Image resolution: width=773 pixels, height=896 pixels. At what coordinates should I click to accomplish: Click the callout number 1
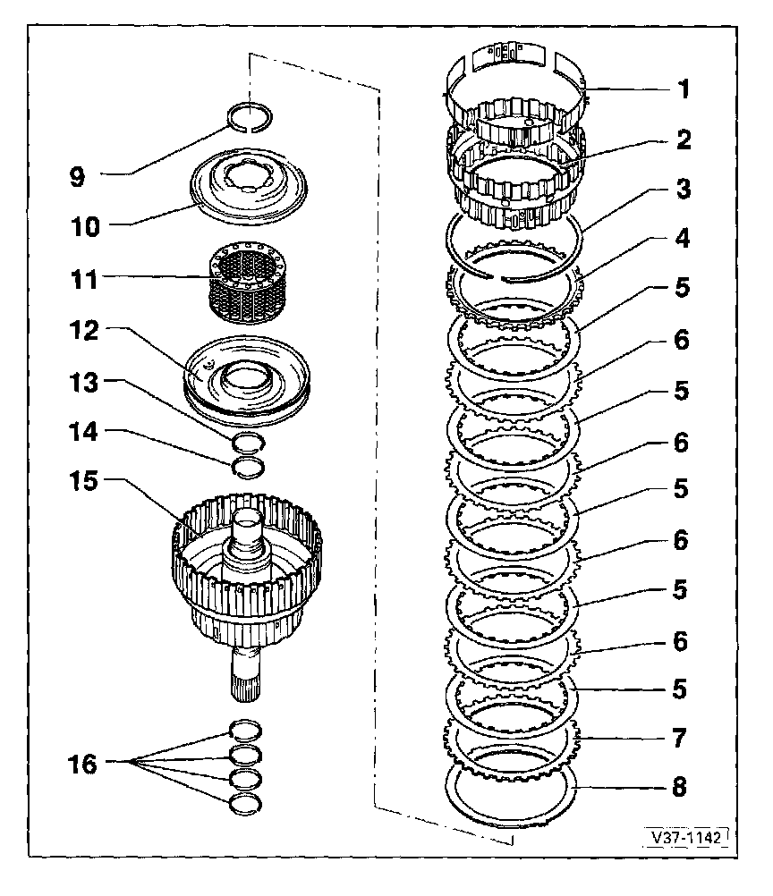pyautogui.click(x=683, y=89)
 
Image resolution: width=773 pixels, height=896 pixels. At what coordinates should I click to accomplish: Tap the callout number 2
pyautogui.click(x=683, y=139)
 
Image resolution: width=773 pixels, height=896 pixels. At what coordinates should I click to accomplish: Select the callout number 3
pyautogui.click(x=683, y=190)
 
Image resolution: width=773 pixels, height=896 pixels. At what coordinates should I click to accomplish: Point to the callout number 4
pyautogui.click(x=683, y=240)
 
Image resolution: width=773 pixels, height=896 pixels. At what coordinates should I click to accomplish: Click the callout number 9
pyautogui.click(x=78, y=177)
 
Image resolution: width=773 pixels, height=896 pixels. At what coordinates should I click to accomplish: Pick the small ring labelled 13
pyautogui.click(x=248, y=441)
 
